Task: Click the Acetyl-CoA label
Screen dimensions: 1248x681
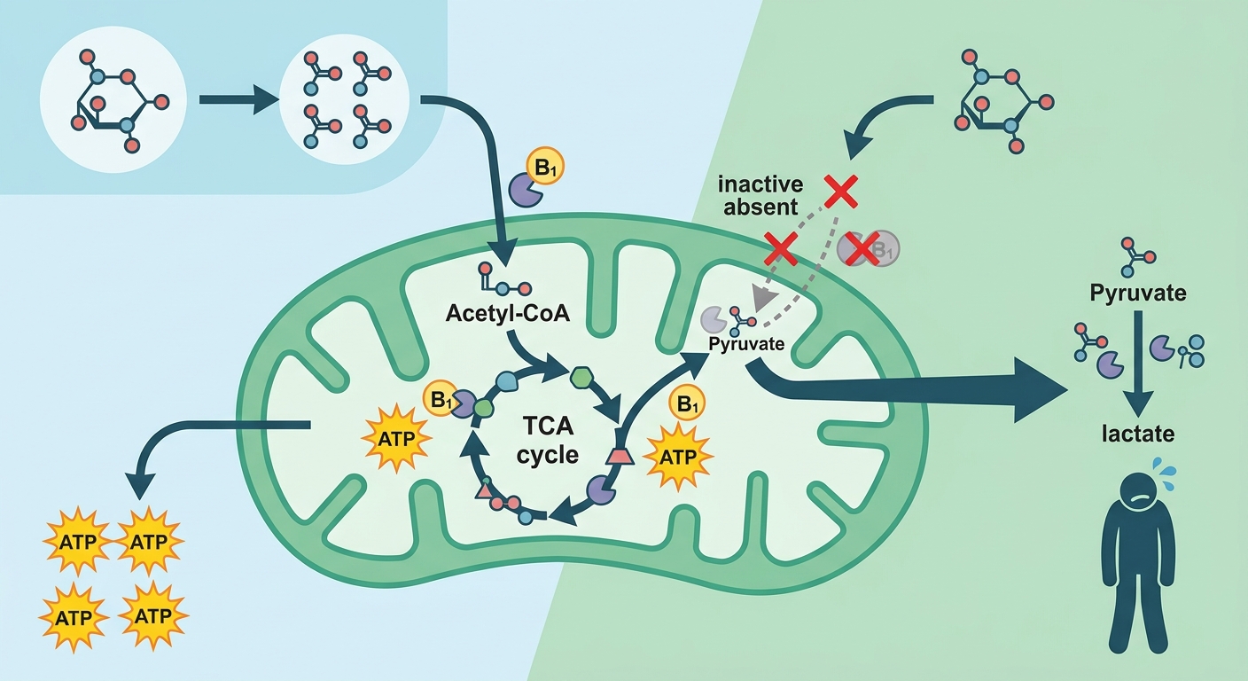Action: pos(508,313)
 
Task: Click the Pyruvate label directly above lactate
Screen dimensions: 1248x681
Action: pos(1138,294)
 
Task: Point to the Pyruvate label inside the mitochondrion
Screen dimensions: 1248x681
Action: pos(746,343)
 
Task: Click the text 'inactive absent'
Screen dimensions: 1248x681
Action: pos(760,196)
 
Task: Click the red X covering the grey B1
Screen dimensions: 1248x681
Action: pos(862,249)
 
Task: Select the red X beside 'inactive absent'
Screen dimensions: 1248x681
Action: pos(841,191)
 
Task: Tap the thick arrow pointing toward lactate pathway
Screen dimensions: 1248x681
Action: pos(909,391)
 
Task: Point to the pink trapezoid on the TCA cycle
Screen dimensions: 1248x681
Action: pos(620,456)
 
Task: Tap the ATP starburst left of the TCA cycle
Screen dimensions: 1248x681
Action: pos(397,439)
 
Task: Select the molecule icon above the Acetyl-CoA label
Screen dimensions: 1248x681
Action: pos(504,278)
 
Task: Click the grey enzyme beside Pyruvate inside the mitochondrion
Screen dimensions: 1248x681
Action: pos(713,318)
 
